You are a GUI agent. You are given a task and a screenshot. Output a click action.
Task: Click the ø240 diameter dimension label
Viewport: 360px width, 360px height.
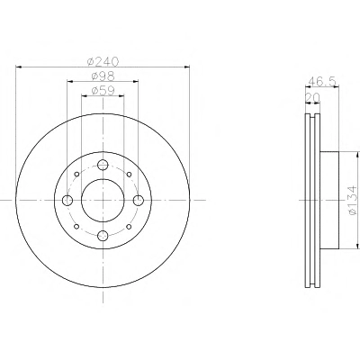(103, 61)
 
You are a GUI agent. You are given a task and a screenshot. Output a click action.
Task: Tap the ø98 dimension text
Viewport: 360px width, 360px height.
(103, 76)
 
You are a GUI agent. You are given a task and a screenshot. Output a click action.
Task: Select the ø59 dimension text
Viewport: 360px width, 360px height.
(103, 91)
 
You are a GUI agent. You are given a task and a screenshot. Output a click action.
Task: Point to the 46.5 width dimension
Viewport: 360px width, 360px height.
(322, 81)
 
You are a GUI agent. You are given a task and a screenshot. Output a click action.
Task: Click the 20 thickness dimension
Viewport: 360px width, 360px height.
(312, 97)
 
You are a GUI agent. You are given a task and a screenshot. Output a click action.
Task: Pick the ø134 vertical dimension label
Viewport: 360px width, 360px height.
(353, 200)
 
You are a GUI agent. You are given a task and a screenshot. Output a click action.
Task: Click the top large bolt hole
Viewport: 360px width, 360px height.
(103, 165)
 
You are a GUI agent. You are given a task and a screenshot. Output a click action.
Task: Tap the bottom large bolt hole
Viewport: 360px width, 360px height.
(103, 236)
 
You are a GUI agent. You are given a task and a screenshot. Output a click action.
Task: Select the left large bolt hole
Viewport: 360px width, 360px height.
(67, 200)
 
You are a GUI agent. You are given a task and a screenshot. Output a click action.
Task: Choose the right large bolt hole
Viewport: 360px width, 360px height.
(139, 200)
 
